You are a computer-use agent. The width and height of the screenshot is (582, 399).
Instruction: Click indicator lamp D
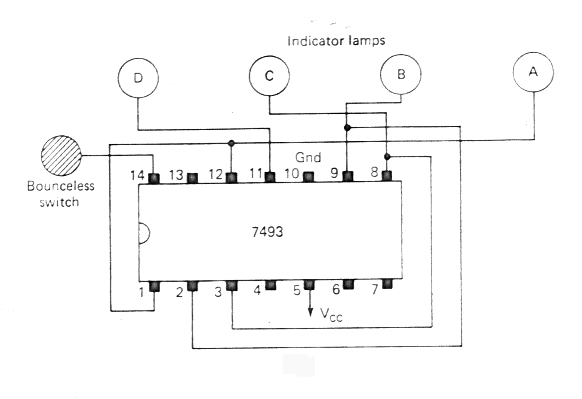138,78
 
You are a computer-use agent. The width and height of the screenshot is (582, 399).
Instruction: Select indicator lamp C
269,76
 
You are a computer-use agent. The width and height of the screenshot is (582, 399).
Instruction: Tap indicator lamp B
401,74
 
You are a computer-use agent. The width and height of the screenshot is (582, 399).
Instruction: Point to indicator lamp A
533,72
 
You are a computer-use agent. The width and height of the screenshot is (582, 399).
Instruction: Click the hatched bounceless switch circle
61,156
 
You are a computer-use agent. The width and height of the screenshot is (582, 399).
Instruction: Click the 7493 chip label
268,232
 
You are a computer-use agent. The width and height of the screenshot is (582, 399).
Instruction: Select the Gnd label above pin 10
308,157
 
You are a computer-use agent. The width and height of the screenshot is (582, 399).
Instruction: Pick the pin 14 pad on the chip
154,178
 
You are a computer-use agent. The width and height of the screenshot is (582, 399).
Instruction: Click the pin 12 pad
231,177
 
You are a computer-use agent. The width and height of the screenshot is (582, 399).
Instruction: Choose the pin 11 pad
270,177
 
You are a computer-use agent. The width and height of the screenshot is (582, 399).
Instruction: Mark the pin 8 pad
387,176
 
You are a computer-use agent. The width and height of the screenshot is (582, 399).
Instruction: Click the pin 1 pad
154,286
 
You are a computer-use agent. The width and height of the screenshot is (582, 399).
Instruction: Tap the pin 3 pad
231,286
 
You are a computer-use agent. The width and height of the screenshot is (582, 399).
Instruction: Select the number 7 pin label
375,290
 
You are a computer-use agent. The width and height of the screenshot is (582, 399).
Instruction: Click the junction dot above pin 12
231,143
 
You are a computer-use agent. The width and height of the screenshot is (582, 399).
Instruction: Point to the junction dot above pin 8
387,156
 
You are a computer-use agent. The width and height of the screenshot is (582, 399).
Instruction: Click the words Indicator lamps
336,41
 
